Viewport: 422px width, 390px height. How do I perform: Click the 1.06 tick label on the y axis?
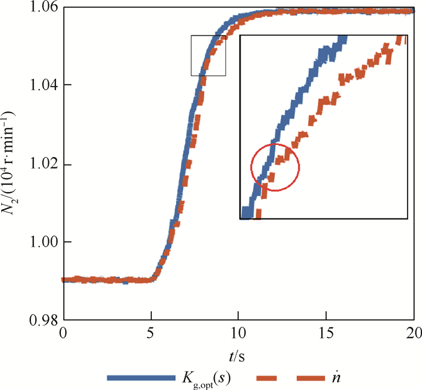point(45,7)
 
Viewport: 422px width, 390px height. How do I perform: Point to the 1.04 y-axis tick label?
point(45,85)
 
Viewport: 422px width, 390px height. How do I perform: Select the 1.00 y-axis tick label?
point(45,242)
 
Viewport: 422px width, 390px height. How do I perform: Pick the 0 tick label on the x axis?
point(63,333)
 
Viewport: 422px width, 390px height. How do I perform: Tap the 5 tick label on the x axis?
point(151,333)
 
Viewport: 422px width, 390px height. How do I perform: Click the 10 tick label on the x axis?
point(239,333)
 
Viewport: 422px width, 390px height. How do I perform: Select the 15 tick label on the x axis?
point(326,333)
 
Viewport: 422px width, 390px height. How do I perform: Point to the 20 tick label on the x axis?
point(414,333)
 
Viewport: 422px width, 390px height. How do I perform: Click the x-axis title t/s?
point(239,356)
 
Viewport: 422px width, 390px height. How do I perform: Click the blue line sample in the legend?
point(139,378)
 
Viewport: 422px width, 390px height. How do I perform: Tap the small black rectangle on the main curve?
point(209,55)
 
